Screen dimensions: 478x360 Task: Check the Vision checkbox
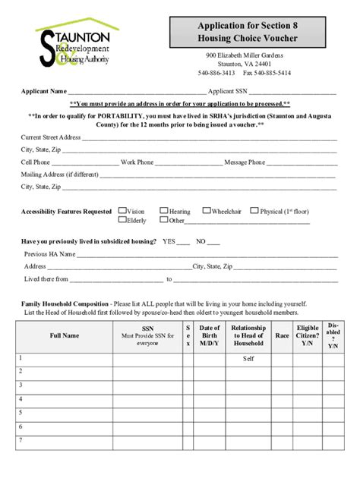tap(122, 212)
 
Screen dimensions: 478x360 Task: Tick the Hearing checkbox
tap(163, 212)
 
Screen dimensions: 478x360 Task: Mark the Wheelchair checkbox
tap(207, 212)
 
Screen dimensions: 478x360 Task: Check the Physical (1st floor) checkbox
tap(254, 212)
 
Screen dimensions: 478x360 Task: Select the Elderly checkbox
tap(122, 221)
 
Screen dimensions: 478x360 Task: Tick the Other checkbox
tap(163, 221)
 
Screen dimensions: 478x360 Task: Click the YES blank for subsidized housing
tap(183, 243)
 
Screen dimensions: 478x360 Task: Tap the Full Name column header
tap(65, 335)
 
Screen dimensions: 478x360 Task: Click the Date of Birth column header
tap(210, 335)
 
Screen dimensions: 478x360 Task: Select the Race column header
tap(283, 335)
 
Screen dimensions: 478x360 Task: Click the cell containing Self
tap(248, 359)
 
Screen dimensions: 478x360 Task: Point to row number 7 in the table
tap(21, 440)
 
